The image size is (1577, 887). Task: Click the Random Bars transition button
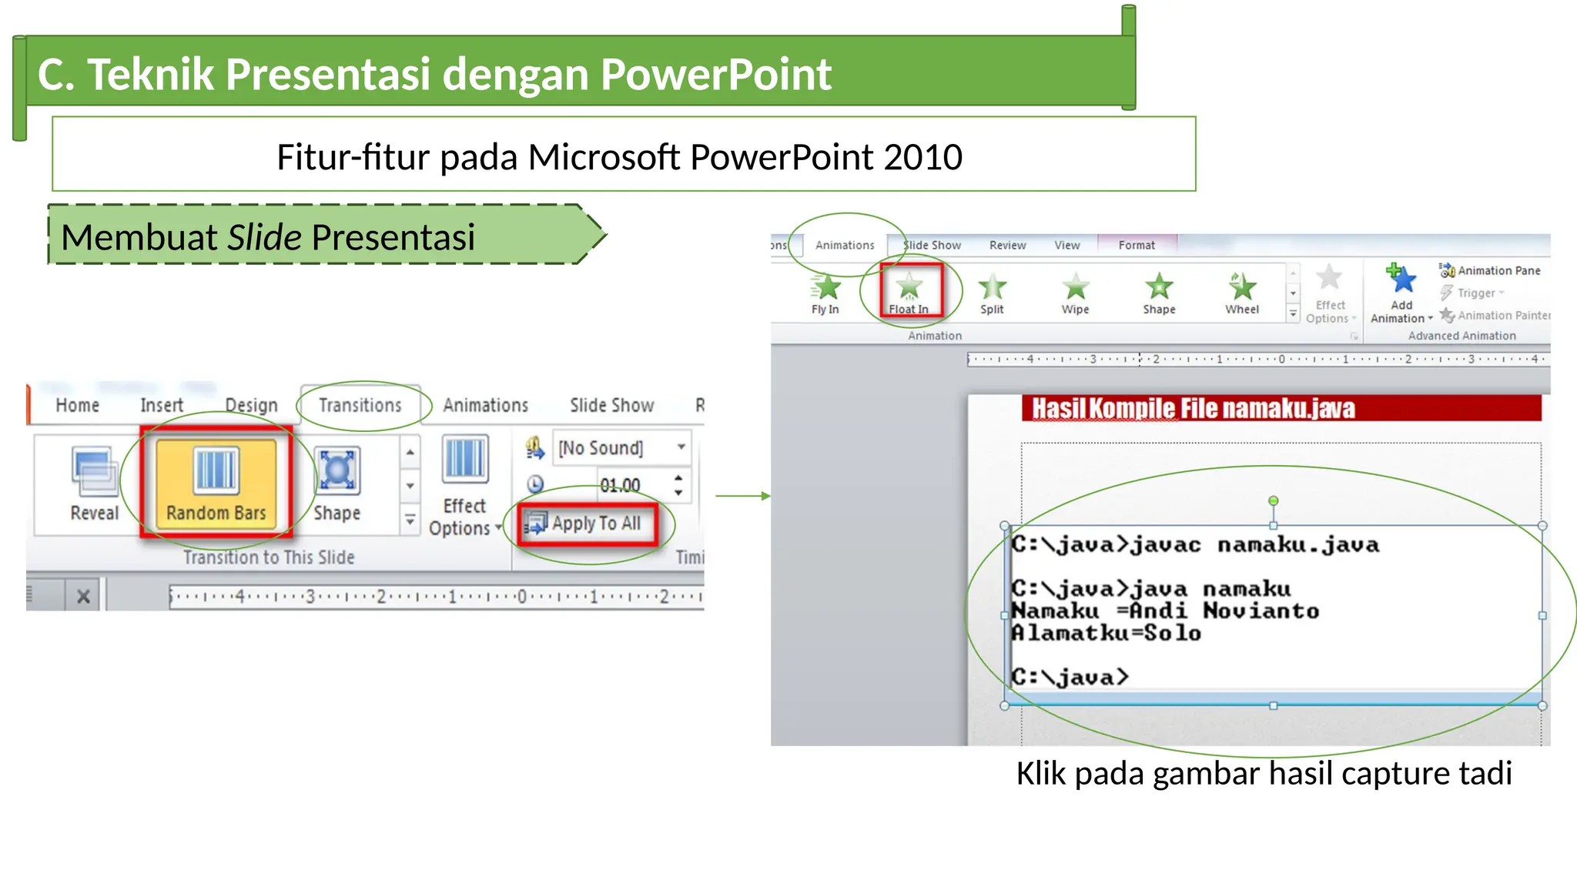pos(216,480)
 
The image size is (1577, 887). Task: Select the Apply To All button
pos(588,524)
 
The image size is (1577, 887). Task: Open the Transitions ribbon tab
pos(360,405)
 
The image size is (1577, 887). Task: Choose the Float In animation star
pos(909,286)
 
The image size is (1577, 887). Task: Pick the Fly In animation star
pos(826,286)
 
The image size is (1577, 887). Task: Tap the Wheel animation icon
pos(1241,286)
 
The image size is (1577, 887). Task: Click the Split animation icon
pos(992,287)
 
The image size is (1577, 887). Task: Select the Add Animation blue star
pos(1402,279)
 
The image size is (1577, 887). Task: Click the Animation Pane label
pos(1498,270)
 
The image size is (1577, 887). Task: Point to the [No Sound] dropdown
pos(621,447)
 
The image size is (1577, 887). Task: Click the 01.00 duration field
pos(620,485)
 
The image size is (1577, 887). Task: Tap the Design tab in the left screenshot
pos(251,405)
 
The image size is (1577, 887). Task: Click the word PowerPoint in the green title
pos(715,74)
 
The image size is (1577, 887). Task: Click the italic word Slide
pos(264,237)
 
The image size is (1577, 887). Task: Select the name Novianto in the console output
pos(1261,611)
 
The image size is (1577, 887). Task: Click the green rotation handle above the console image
pos(1274,501)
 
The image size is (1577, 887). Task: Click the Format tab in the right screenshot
pos(1137,245)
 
